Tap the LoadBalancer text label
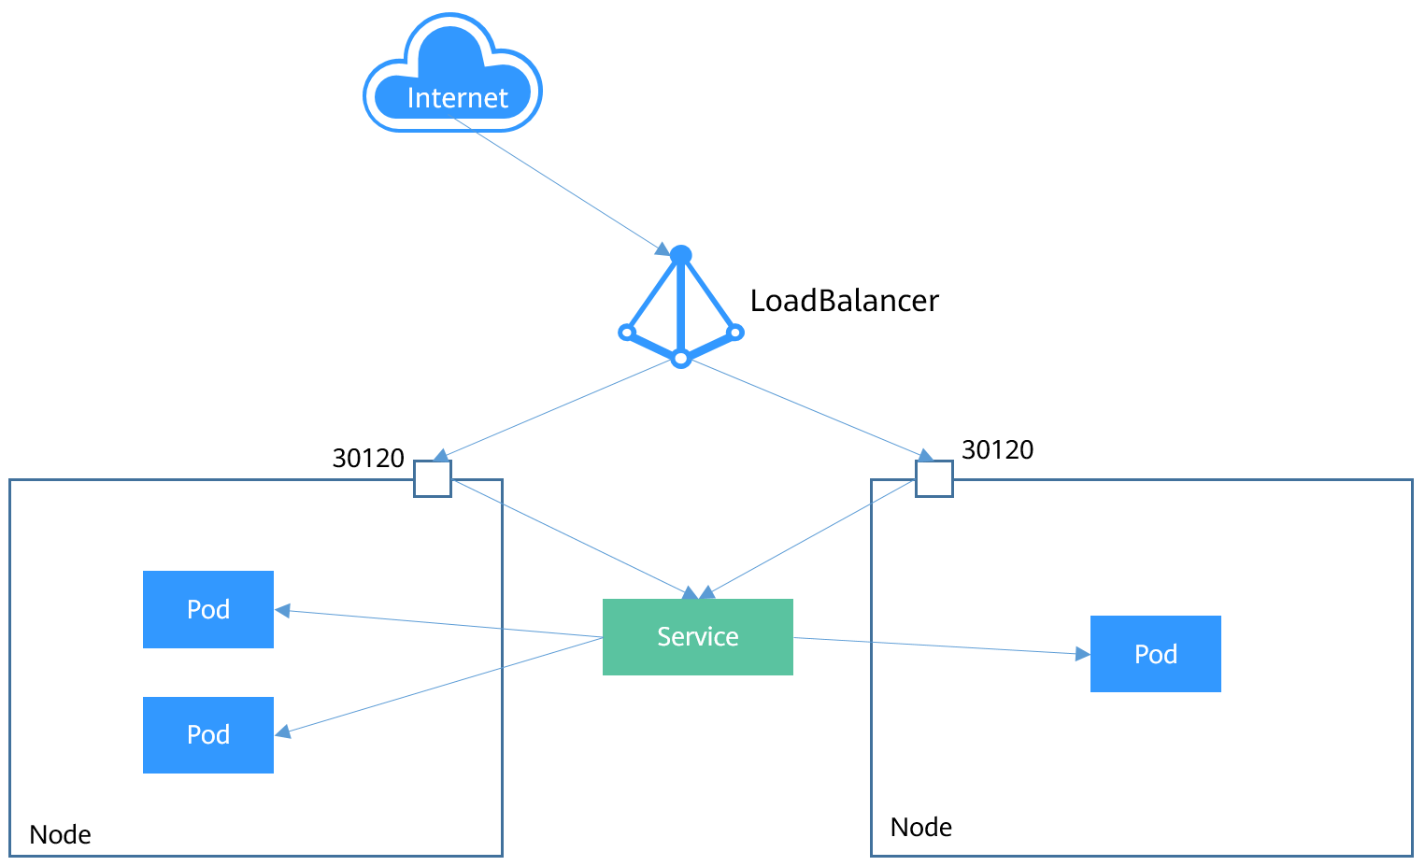[x=844, y=301]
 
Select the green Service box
[x=697, y=637]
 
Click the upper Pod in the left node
[x=207, y=609]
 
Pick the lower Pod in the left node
[x=207, y=735]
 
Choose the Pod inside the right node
[x=1155, y=654]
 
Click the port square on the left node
[x=433, y=478]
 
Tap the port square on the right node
[x=933, y=478]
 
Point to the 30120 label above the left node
[x=368, y=458]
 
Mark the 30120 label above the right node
[x=997, y=449]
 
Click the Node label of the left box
[x=60, y=834]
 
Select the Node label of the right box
[x=920, y=827]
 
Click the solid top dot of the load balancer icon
[x=681, y=255]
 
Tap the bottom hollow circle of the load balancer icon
[x=681, y=359]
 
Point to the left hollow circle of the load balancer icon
[x=627, y=332]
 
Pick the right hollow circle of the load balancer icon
[x=735, y=332]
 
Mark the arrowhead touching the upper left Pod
[x=282, y=611]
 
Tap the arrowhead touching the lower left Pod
[x=283, y=732]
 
